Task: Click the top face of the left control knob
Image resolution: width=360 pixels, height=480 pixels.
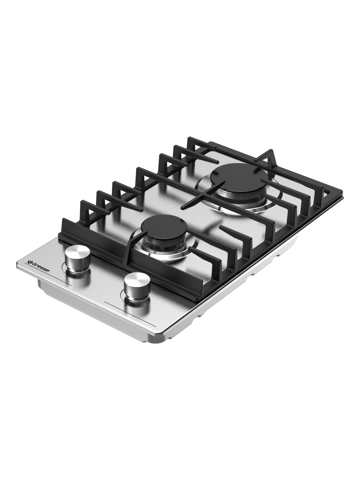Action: click(x=78, y=250)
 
